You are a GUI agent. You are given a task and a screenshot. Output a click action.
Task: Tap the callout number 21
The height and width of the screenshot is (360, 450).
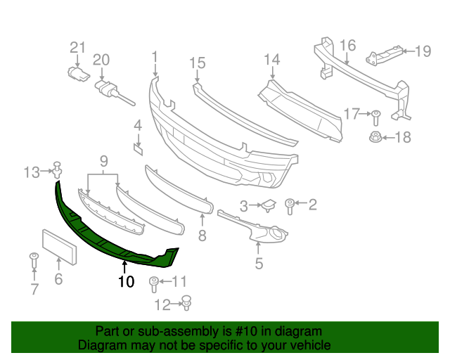coord(77,48)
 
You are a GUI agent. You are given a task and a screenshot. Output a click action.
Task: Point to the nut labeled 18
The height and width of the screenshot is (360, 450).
coord(375,137)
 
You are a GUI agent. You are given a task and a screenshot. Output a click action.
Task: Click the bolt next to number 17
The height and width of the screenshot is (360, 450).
coord(375,115)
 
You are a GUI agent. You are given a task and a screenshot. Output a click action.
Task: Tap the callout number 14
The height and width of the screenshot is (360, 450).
coord(271,60)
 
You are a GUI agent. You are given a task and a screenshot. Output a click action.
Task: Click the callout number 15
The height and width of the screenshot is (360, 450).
coord(196,64)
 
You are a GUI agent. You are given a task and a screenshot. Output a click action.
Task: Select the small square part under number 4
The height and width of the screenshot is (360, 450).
coord(139,148)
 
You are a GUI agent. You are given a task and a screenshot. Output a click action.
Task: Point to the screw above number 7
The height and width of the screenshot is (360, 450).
coord(33,258)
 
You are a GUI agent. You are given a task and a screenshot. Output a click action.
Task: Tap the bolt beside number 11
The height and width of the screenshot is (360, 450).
coord(154,284)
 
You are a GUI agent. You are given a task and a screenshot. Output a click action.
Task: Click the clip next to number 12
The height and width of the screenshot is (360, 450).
coord(187,303)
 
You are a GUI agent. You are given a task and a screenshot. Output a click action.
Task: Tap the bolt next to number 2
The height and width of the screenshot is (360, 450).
coord(290,205)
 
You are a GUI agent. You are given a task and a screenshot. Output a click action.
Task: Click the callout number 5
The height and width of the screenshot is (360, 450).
coord(259,264)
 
